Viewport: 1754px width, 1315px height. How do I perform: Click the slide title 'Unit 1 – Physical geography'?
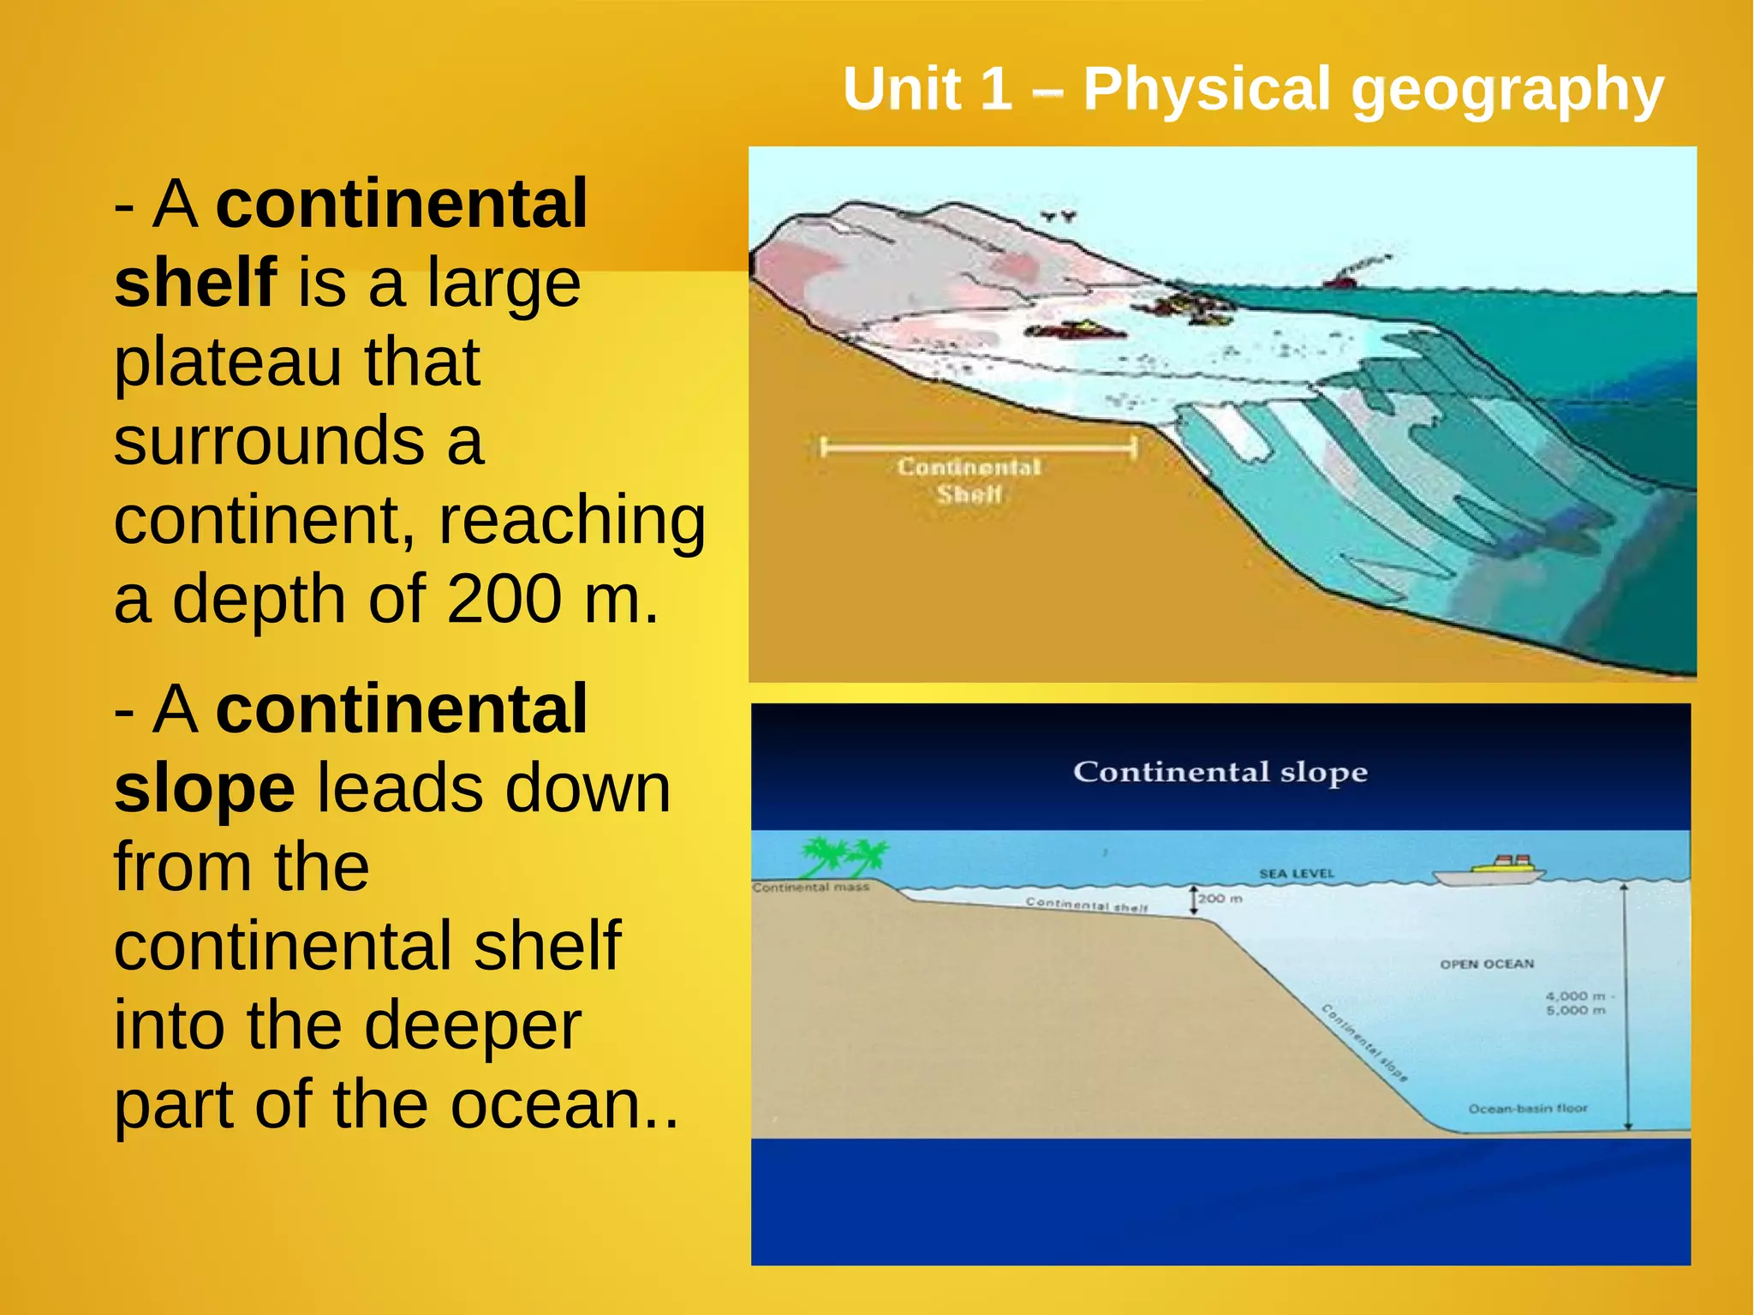pos(1253,89)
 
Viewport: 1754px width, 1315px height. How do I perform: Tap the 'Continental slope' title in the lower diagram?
pos(1220,772)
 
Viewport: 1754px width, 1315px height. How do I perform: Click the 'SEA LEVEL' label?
pos(1297,874)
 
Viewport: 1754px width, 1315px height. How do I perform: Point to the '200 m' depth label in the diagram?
pos(1220,899)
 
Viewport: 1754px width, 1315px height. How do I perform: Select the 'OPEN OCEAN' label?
pos(1487,964)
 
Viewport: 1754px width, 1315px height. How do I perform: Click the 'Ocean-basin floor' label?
pos(1528,1109)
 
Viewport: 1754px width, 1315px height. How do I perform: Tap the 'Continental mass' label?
pos(810,888)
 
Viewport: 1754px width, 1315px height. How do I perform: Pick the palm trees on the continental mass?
pos(844,856)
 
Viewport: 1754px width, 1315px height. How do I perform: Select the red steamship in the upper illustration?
pos(1339,278)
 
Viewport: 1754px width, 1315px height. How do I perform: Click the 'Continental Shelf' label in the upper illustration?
pos(969,481)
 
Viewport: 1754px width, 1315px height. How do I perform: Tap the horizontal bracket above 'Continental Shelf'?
pos(978,447)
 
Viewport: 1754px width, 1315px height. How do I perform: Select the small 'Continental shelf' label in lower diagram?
pos(1086,905)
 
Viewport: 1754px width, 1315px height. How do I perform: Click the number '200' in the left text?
pos(504,599)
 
